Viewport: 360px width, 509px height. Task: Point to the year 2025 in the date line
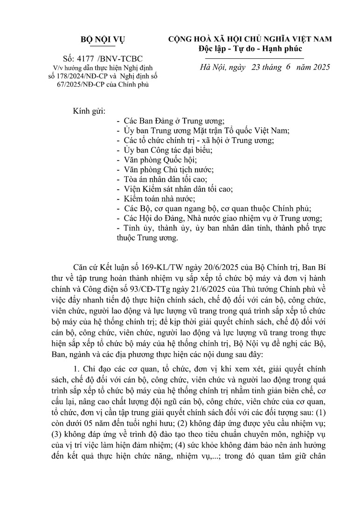(319, 67)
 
